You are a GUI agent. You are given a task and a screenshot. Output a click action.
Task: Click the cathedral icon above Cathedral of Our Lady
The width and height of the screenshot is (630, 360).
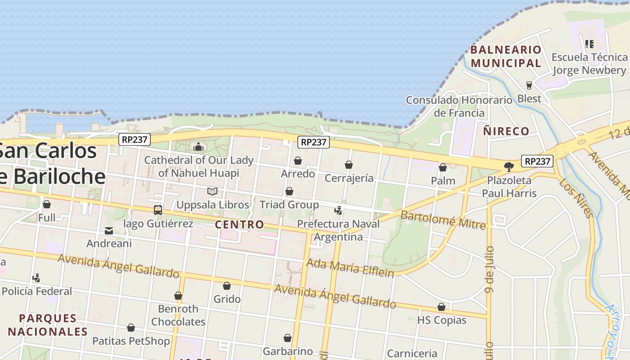(198, 147)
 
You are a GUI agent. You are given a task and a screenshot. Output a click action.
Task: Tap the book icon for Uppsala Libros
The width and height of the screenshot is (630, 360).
(212, 191)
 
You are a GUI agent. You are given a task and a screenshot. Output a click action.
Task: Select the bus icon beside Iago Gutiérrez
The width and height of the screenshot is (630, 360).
(158, 210)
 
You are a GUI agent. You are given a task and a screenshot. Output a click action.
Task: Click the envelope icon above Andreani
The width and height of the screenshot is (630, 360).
(109, 230)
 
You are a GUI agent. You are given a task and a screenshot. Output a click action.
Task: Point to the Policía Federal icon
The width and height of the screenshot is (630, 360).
(36, 278)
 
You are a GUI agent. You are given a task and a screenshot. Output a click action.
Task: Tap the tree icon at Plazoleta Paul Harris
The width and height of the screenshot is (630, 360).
(509, 167)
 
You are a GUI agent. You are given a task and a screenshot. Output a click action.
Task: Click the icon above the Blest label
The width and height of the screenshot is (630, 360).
(529, 85)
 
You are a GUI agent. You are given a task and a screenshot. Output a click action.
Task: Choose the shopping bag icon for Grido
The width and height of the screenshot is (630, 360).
(227, 286)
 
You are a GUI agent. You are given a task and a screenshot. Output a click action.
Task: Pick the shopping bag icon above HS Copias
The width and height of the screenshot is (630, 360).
(441, 307)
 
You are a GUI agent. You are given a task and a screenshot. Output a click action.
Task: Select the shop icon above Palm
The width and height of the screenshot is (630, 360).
(443, 167)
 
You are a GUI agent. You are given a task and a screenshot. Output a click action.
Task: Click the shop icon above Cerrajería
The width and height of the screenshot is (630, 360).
(349, 165)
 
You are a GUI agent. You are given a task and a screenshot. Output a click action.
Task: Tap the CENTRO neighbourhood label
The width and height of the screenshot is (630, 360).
(239, 225)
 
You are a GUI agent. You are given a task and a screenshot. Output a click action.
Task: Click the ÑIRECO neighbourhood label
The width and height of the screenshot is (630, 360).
(506, 131)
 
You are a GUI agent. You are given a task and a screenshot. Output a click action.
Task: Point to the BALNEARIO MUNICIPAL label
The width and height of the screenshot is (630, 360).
(506, 56)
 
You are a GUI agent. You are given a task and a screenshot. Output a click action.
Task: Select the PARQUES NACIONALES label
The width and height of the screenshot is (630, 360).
(48, 325)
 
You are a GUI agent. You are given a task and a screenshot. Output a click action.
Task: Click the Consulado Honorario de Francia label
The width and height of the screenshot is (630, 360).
(459, 106)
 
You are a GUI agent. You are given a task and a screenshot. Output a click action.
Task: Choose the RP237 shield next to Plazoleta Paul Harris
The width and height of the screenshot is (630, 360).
(537, 161)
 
